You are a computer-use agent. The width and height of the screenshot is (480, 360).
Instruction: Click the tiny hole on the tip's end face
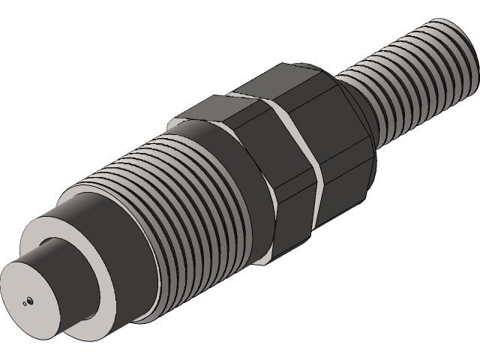(x=28, y=301)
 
